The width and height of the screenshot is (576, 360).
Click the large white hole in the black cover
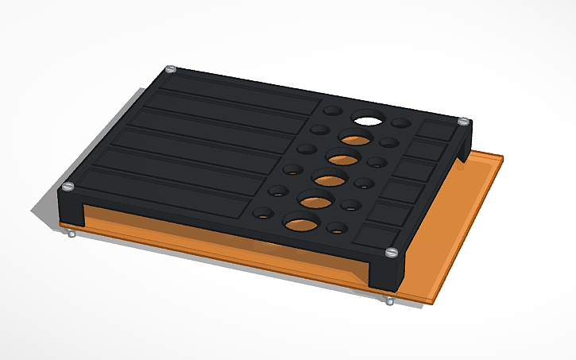point(368,120)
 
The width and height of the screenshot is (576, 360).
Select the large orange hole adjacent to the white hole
point(355,137)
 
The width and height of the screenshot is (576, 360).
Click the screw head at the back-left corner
point(170,70)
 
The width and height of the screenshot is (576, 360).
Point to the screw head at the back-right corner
point(462,122)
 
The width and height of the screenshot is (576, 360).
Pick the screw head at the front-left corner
point(68,187)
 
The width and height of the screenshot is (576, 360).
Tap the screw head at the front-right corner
point(390,252)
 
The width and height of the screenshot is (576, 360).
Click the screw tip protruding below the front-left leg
point(72,234)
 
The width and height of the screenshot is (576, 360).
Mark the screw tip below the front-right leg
point(389,300)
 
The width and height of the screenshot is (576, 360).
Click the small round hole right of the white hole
point(401,125)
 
